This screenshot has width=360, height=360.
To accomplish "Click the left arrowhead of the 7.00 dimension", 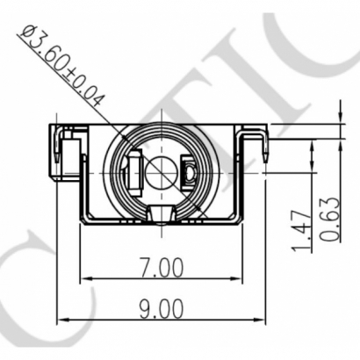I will click(x=86, y=281).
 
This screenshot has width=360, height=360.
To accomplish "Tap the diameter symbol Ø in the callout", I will click(x=27, y=35).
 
